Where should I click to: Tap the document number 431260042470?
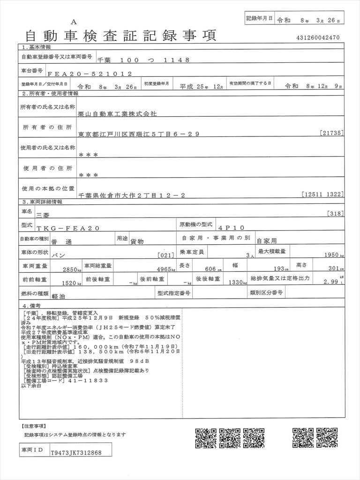(x=318, y=38)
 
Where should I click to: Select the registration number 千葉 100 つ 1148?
(x=143, y=60)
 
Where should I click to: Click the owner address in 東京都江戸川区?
(x=139, y=134)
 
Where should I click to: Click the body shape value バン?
(x=58, y=255)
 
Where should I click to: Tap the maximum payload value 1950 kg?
(x=333, y=255)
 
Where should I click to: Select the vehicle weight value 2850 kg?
(x=72, y=270)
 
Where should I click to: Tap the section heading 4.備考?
(x=33, y=305)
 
